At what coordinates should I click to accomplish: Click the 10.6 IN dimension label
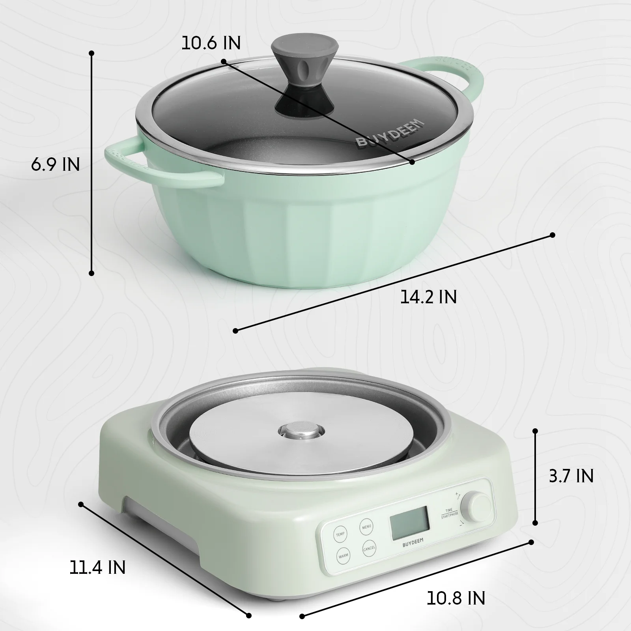[x=211, y=43]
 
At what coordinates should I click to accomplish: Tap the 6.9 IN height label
[x=56, y=164]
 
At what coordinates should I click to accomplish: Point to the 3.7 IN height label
[x=571, y=476]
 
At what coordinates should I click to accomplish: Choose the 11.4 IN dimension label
[x=97, y=568]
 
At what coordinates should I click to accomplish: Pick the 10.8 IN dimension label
[x=456, y=598]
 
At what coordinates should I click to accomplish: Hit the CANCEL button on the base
[x=369, y=548]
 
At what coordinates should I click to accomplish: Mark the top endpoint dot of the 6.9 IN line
[x=91, y=53]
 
